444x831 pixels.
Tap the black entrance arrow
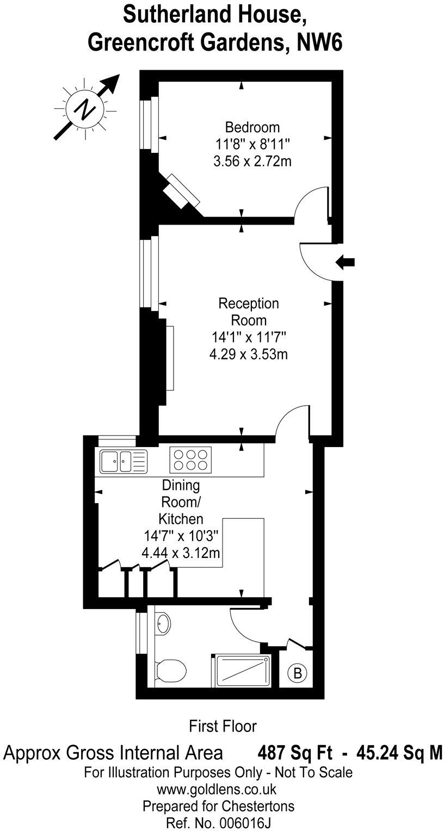pyautogui.click(x=346, y=262)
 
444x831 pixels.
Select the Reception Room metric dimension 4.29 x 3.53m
pyautogui.click(x=248, y=355)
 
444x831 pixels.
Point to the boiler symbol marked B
pyautogui.click(x=298, y=673)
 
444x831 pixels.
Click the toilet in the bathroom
pyautogui.click(x=170, y=669)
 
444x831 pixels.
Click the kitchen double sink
pyautogui.click(x=124, y=462)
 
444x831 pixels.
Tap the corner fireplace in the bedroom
pyautogui.click(x=182, y=190)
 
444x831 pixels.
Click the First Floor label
pyautogui.click(x=223, y=725)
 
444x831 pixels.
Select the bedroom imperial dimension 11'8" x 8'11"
pyautogui.click(x=252, y=145)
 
